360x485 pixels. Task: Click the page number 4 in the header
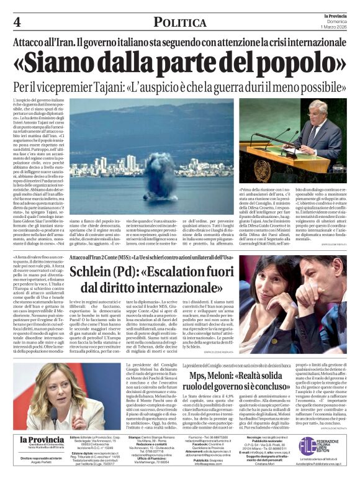pyautogui.click(x=16, y=22)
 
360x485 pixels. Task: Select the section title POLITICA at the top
pyautogui.click(x=180, y=23)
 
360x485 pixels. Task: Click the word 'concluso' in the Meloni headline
pyautogui.click(x=271, y=391)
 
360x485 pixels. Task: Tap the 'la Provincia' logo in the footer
pyautogui.click(x=42, y=440)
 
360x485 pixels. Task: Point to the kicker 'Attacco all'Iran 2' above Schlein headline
pyautogui.click(x=90, y=256)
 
